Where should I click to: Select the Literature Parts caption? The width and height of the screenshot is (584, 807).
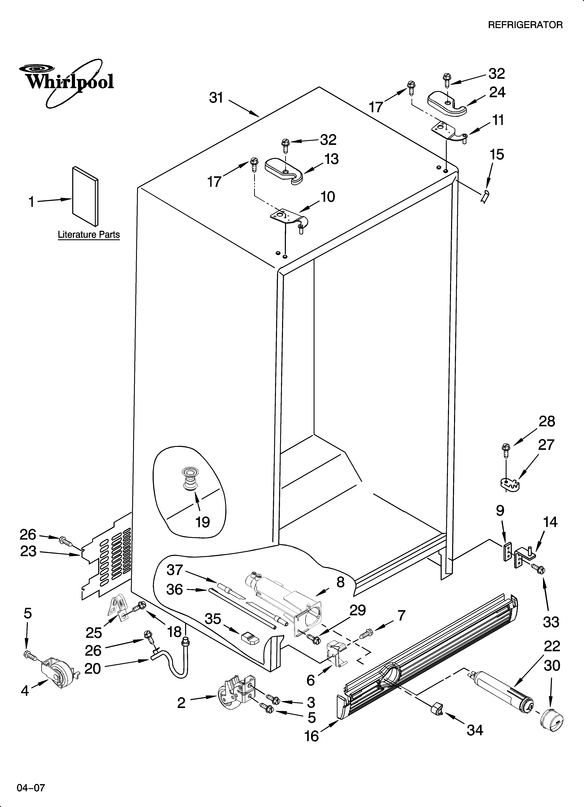[x=89, y=235]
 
